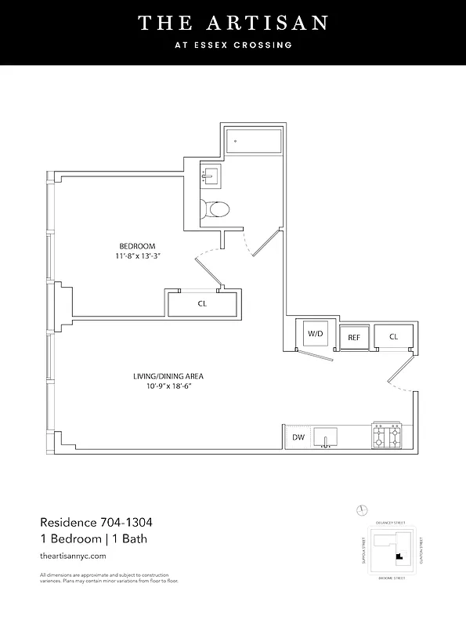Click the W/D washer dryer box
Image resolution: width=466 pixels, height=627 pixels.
click(x=315, y=334)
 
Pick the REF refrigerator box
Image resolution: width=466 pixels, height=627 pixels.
click(x=353, y=338)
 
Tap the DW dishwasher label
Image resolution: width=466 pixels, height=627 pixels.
click(x=298, y=437)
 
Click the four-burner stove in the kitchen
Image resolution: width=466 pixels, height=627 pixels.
click(x=386, y=435)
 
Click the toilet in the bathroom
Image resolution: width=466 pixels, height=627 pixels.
click(x=215, y=208)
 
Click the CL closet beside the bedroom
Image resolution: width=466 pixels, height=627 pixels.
click(x=201, y=303)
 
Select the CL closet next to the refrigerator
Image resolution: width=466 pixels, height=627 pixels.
click(x=392, y=336)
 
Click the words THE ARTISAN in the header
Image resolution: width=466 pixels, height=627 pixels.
click(x=233, y=24)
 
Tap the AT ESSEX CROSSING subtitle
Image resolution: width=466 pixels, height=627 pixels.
click(x=233, y=45)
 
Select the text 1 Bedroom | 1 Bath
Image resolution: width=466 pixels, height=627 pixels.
click(x=93, y=538)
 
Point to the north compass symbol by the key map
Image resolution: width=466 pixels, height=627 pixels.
click(x=361, y=510)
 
